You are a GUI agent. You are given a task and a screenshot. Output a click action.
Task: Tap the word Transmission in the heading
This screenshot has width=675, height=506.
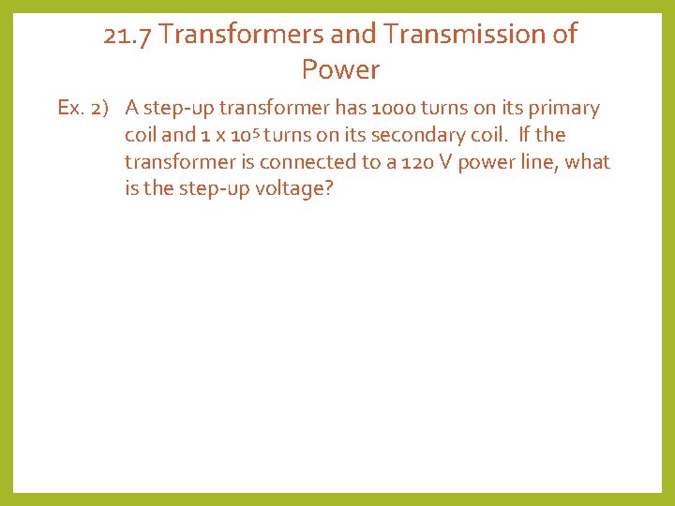click(462, 35)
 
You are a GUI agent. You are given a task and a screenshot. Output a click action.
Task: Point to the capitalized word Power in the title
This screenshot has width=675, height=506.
click(340, 69)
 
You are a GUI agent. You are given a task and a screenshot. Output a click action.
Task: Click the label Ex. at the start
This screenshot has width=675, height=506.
click(69, 108)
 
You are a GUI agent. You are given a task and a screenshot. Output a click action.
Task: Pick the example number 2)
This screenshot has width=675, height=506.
click(101, 108)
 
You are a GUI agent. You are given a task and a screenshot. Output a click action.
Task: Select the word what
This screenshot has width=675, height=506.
click(589, 162)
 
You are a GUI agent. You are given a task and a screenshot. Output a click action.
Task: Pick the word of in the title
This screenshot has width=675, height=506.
click(565, 35)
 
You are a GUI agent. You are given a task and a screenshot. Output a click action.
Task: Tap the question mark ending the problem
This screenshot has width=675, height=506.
click(328, 190)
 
